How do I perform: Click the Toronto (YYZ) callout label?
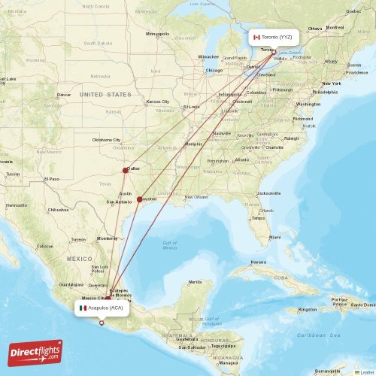point(275,37)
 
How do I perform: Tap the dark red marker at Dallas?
point(126,170)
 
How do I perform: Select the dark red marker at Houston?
point(140,199)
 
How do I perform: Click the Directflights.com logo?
point(35,352)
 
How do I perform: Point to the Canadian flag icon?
point(257,37)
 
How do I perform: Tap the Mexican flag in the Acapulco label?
point(83,308)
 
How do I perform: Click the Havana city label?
point(259,262)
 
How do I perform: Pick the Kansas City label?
point(158,102)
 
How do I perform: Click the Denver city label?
point(64,95)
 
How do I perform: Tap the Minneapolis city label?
point(158,34)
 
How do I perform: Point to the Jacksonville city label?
point(268,193)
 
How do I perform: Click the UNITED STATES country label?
point(105,95)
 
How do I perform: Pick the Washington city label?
point(308,104)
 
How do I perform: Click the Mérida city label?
point(195,282)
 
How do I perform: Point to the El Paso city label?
point(51,179)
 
